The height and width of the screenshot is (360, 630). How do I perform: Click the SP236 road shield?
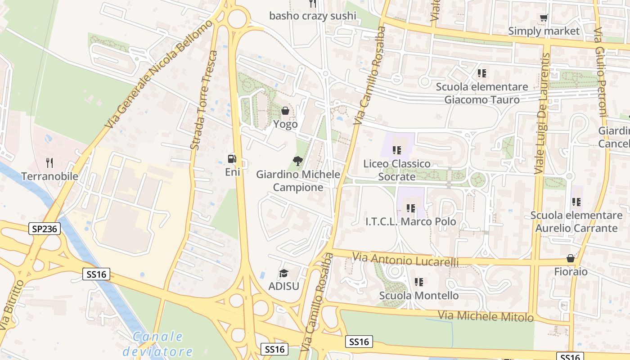pos(45,229)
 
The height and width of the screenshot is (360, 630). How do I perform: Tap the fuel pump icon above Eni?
pos(232,158)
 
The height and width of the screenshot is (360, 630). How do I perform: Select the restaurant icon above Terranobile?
pos(49,162)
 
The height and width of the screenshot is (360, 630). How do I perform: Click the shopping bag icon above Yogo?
pos(285,111)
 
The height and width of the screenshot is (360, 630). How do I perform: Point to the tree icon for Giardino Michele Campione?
pos(297,161)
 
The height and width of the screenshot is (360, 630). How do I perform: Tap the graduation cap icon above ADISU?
pos(283,273)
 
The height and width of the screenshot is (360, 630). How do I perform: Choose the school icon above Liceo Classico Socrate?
pos(396,150)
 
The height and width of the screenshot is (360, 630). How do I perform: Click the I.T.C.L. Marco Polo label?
pos(410,221)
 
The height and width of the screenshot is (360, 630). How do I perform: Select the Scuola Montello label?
pos(419,296)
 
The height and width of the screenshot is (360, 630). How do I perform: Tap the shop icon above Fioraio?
pos(571,258)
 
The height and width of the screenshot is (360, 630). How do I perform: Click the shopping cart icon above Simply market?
pos(544,18)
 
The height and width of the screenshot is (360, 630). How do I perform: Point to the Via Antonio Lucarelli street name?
pos(405,259)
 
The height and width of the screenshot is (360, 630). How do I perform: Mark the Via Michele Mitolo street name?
pos(486,316)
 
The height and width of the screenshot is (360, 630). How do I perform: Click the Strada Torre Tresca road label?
pos(203,100)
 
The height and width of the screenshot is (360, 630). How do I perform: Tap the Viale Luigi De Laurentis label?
pos(542,113)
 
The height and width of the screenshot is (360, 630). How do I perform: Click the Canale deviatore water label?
pos(158,344)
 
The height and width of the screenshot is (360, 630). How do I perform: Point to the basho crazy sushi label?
pos(312,16)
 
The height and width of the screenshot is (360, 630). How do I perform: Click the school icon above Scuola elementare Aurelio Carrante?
pos(576,202)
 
